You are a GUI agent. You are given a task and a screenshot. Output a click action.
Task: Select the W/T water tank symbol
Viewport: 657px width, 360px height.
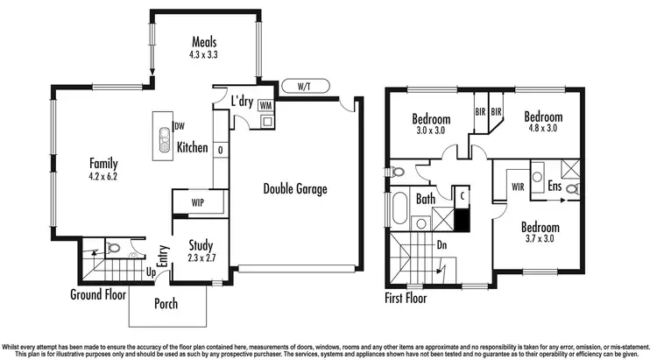click(303, 86)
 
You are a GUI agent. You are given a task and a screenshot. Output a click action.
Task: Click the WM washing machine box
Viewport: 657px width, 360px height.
click(265, 105)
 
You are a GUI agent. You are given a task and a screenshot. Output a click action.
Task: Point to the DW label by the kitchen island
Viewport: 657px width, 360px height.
click(179, 126)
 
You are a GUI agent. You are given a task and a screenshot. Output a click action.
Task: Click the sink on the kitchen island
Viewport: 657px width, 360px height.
click(162, 135)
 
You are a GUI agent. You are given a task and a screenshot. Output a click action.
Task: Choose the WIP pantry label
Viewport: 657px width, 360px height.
click(198, 203)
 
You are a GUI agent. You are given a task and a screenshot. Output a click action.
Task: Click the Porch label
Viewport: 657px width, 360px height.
click(166, 304)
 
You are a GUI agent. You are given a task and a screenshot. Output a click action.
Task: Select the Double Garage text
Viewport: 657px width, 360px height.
click(293, 188)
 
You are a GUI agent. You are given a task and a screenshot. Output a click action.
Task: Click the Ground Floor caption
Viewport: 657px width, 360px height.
click(98, 294)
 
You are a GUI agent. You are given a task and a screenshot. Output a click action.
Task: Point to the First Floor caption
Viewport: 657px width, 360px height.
click(412, 299)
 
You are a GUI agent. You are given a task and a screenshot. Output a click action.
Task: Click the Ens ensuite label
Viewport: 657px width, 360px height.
click(555, 187)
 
